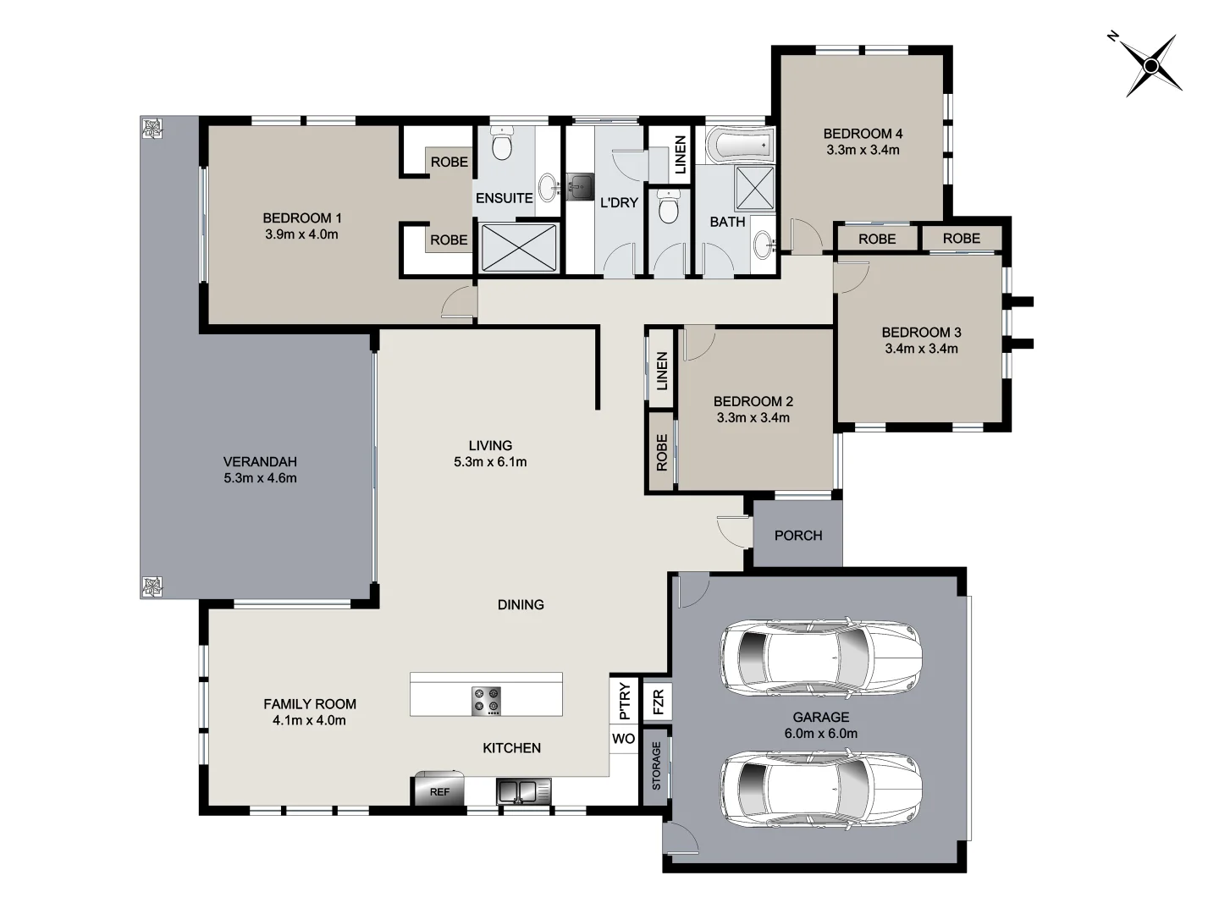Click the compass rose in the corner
(x=1151, y=65)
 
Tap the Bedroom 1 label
(x=301, y=218)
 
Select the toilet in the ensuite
(x=503, y=146)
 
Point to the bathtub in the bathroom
(x=739, y=145)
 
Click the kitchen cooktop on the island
(x=487, y=701)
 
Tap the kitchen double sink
(x=524, y=792)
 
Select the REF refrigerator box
(x=439, y=791)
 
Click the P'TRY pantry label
(x=625, y=701)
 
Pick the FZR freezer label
(x=658, y=701)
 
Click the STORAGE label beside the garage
(x=657, y=766)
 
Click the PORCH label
(x=797, y=536)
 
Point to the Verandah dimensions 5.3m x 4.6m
(x=260, y=478)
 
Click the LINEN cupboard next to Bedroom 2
(x=662, y=371)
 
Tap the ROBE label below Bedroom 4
(x=877, y=240)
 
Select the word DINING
(x=520, y=605)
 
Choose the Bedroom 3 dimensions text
(x=921, y=349)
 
